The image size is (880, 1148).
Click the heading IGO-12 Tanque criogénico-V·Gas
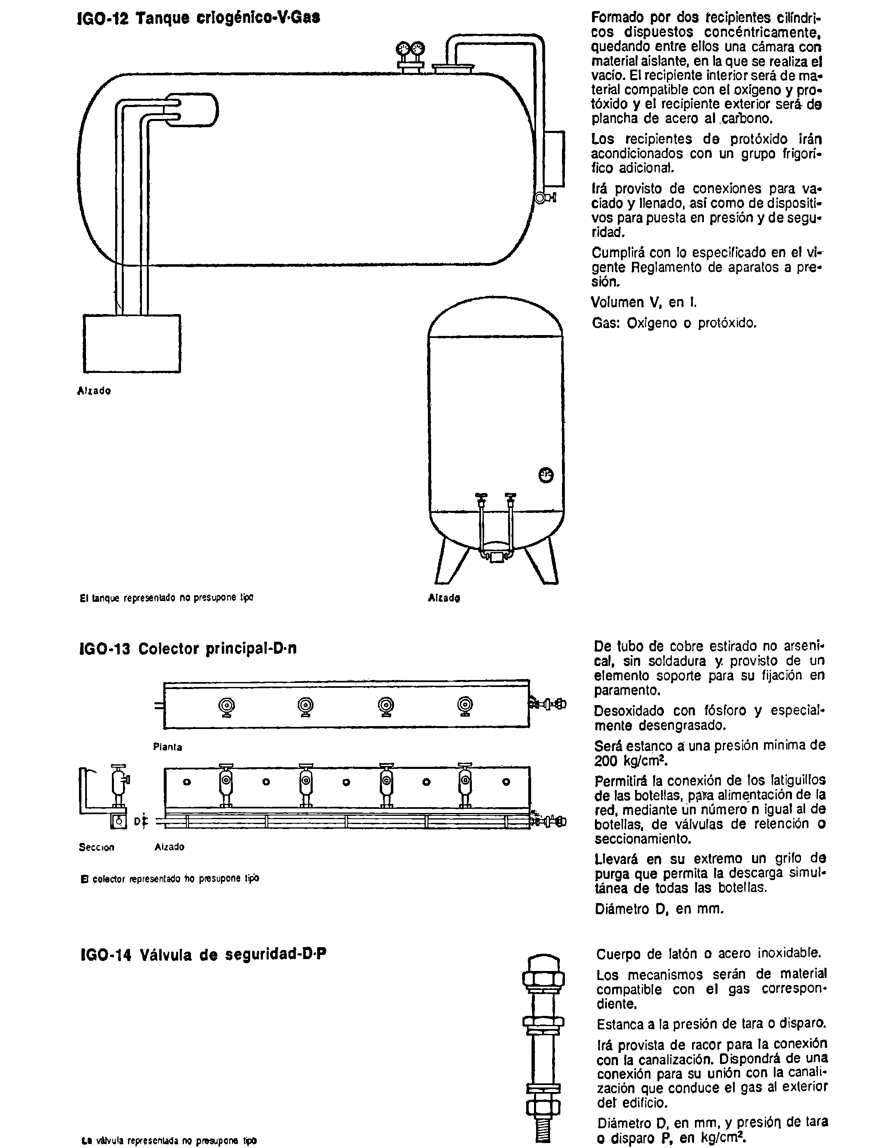click(199, 18)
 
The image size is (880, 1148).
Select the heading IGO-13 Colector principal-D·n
click(188, 649)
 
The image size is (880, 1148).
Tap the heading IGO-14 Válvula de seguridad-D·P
click(203, 954)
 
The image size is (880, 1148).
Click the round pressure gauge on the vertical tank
click(546, 475)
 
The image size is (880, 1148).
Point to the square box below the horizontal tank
click(132, 343)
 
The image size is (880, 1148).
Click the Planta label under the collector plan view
click(167, 747)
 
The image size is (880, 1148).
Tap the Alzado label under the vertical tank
click(443, 597)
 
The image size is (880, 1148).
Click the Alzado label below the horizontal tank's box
click(94, 391)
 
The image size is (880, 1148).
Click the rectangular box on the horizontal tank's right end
click(555, 159)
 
